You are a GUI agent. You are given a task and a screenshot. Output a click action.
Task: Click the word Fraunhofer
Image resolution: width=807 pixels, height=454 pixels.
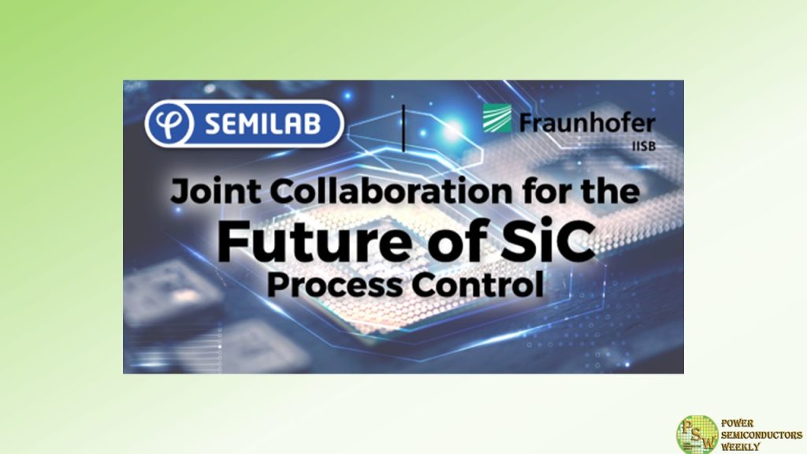tap(586, 122)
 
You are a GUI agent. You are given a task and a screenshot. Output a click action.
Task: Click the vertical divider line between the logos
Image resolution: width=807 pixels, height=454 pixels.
tap(403, 126)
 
